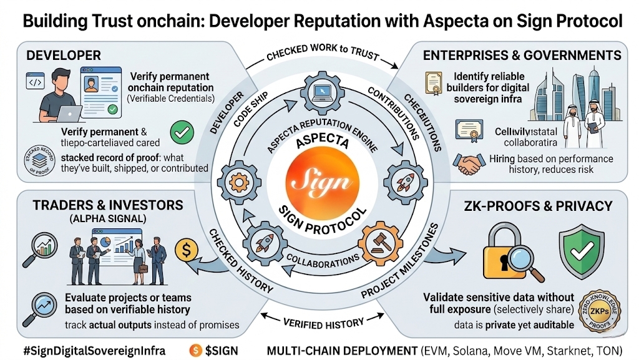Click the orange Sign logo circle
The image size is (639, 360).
pos(319,180)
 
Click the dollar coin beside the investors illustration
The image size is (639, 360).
pos(187,251)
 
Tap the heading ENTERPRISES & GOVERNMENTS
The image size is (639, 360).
pos(522,56)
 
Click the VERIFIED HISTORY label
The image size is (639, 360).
pos(323,323)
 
